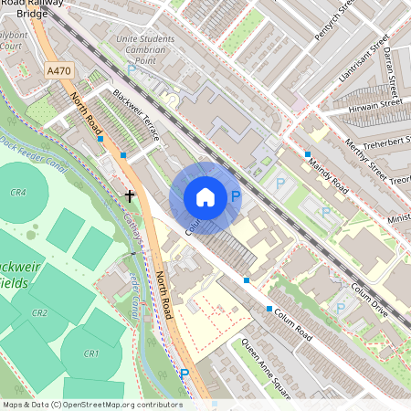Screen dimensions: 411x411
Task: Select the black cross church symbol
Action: point(131,195)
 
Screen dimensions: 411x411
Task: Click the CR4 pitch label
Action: point(17,193)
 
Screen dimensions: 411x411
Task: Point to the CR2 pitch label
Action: point(39,312)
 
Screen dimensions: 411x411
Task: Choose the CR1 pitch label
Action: point(90,353)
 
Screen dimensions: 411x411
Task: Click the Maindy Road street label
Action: point(327,174)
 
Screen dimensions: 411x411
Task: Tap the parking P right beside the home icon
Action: point(235,196)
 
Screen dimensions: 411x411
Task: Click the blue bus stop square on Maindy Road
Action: point(308,154)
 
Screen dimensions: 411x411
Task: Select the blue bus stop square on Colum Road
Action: point(247,280)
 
